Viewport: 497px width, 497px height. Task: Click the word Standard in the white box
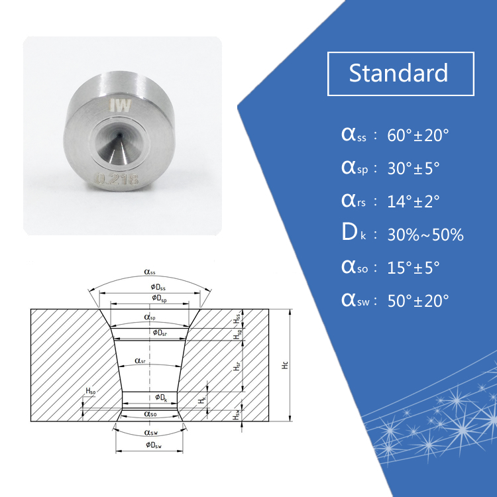click(x=398, y=73)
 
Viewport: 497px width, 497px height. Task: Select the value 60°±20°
click(x=418, y=136)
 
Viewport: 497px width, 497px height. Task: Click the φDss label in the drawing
click(x=150, y=286)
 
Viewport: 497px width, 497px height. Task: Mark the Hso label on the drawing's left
click(x=89, y=392)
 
